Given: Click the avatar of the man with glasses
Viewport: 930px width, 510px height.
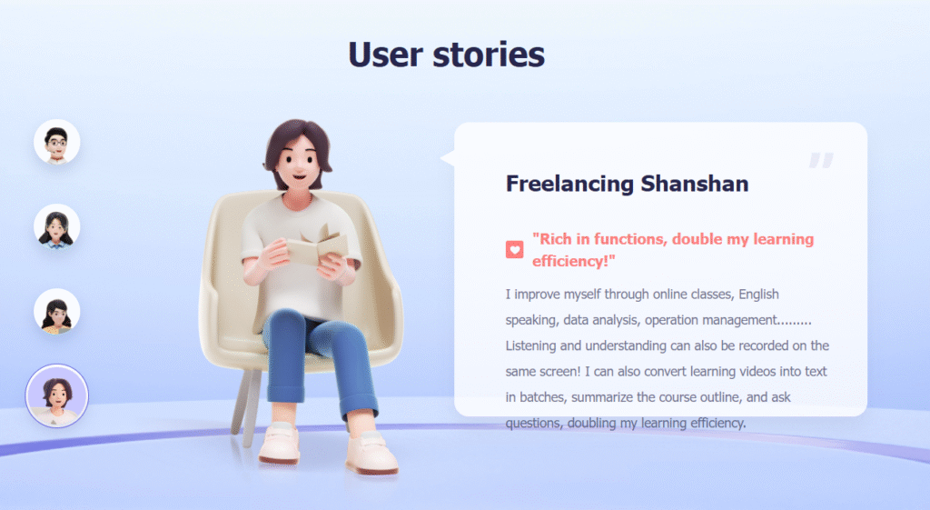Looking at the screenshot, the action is (57, 142).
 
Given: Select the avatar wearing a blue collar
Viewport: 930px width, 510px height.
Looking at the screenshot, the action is (57, 226).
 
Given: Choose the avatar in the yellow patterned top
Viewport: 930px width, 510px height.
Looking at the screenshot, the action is (57, 312).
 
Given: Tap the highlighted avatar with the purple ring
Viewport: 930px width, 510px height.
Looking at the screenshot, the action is (57, 396).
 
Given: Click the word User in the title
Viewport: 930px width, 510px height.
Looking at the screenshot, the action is (386, 55).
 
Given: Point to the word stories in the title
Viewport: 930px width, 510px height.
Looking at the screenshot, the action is (489, 55).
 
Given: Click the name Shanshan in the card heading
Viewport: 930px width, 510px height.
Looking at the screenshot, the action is (695, 184).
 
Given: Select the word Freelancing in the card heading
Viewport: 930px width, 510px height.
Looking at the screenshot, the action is (569, 184).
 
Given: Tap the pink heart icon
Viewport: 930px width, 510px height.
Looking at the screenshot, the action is (514, 249).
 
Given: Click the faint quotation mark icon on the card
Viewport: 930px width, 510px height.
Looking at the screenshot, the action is (821, 160).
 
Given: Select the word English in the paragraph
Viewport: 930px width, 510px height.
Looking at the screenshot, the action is (758, 294).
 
